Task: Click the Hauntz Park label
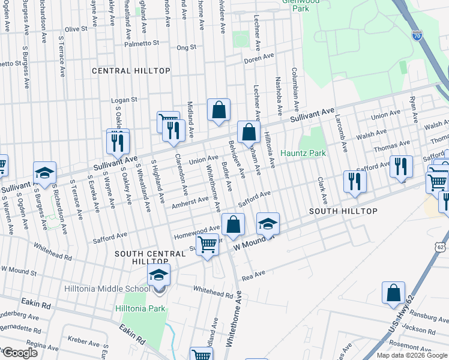point(303,154)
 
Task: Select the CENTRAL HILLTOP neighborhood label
point(131,71)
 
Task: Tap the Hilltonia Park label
point(140,309)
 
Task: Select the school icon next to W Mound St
point(268,224)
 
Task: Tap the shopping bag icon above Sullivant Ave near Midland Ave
point(219,110)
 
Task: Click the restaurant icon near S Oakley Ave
point(118,142)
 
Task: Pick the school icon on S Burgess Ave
point(44,173)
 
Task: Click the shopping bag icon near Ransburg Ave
point(393,293)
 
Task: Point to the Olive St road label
point(76,29)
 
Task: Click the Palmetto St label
point(142,43)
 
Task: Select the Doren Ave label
point(259,60)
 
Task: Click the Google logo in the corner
point(20,353)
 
